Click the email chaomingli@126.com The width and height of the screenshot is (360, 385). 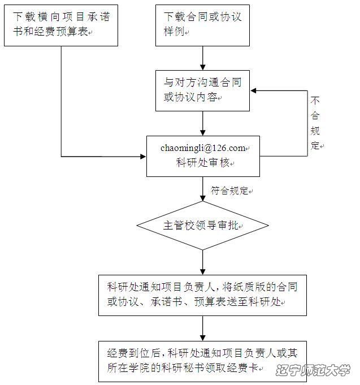(203, 148)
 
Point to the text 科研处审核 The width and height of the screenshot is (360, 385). (203, 163)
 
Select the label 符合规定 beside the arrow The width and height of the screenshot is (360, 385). (229, 191)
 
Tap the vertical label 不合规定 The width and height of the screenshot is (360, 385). (315, 123)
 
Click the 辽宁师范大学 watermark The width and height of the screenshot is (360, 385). (313, 370)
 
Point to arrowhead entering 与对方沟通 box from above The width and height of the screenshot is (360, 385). (203, 67)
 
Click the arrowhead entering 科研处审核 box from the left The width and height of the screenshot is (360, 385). (144, 157)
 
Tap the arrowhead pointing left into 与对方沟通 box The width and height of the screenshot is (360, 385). (253, 90)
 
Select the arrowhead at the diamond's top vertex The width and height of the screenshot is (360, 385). (203, 198)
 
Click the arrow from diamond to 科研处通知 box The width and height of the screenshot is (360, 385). (203, 262)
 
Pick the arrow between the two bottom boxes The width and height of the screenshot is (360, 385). (203, 328)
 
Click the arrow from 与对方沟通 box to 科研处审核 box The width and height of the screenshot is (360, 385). (203, 123)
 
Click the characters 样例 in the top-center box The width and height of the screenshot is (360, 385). (174, 32)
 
